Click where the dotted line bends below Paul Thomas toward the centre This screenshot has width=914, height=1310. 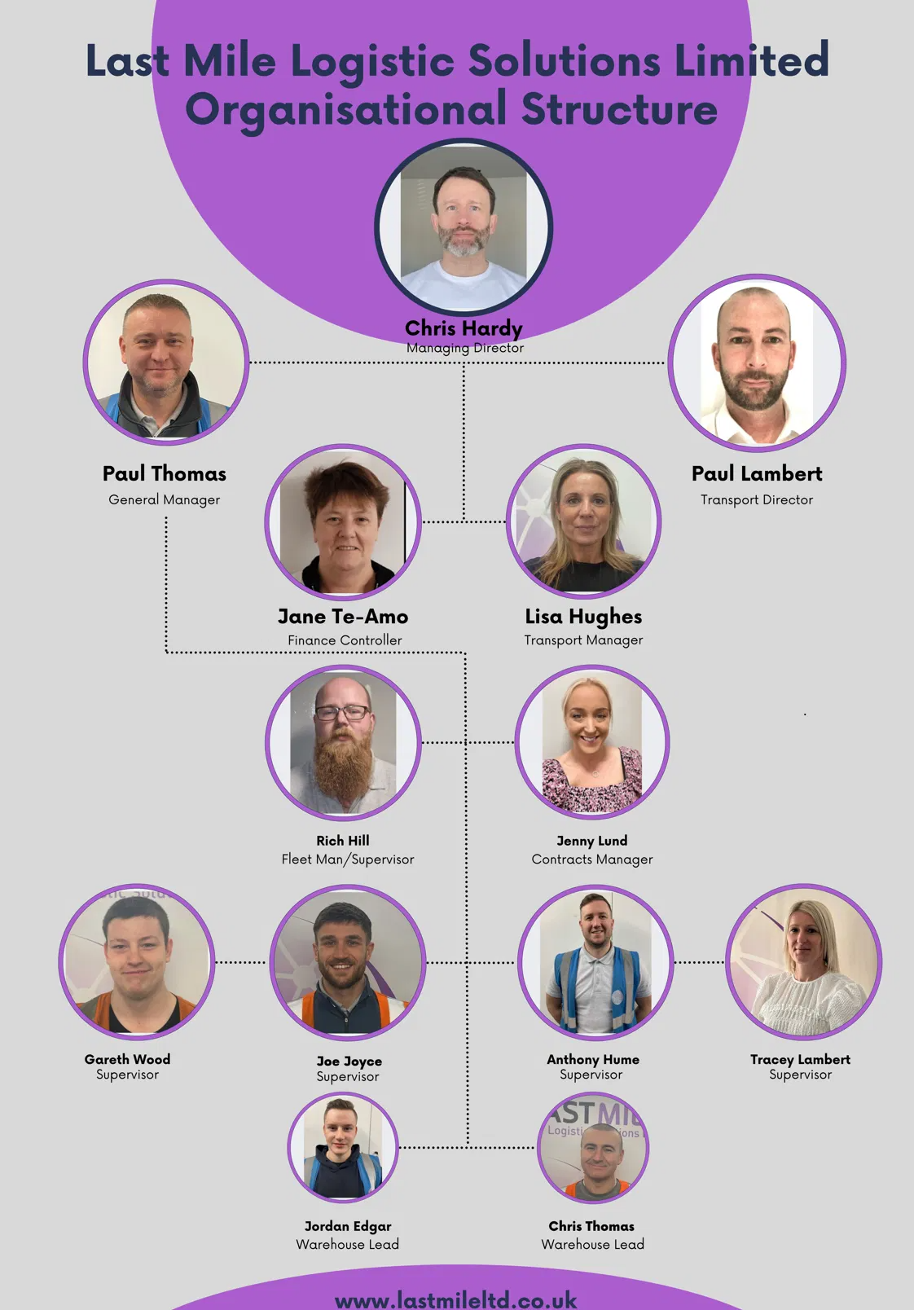pyautogui.click(x=167, y=652)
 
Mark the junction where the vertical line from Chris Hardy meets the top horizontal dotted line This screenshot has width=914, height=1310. pyautogui.click(x=464, y=363)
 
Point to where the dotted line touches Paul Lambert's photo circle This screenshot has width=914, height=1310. pyautogui.click(x=667, y=363)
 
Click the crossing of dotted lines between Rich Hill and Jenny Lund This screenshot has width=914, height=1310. pyautogui.click(x=466, y=742)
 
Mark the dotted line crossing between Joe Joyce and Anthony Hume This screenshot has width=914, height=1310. pyautogui.click(x=467, y=962)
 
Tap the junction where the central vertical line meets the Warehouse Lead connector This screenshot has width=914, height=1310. pyautogui.click(x=468, y=1147)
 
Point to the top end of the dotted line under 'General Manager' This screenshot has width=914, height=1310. pyautogui.click(x=166, y=518)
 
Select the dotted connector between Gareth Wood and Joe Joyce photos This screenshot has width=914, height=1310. pyautogui.click(x=241, y=962)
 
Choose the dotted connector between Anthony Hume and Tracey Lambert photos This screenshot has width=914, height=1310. pyautogui.click(x=700, y=962)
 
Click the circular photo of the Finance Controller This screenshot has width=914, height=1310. pyautogui.click(x=343, y=521)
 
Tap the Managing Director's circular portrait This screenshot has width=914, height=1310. pyautogui.click(x=464, y=227)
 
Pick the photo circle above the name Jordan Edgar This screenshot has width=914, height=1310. pyautogui.click(x=343, y=1147)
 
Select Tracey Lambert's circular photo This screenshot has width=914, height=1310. pyautogui.click(x=803, y=962)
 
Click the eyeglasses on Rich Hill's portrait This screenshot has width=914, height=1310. pyautogui.click(x=342, y=712)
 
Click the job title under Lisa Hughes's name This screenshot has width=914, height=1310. pyautogui.click(x=583, y=640)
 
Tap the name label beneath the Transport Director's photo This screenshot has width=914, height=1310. pyautogui.click(x=757, y=473)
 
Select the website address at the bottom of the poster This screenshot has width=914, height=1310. pyautogui.click(x=456, y=1299)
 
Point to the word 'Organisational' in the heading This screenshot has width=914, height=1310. pyautogui.click(x=346, y=110)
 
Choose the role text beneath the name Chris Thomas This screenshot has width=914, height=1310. pyautogui.click(x=592, y=1244)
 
